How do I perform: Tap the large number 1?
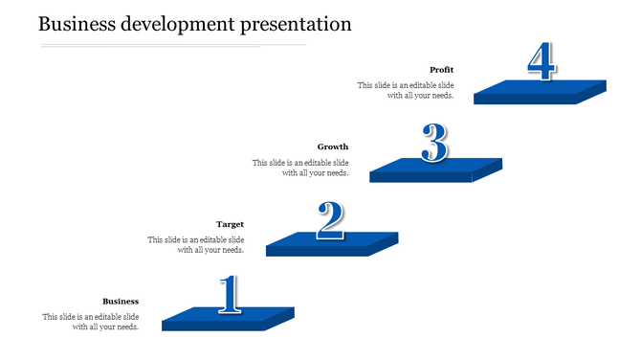pos(229,295)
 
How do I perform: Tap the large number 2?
pos(330,220)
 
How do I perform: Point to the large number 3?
pos(434,145)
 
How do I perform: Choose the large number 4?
pos(541,62)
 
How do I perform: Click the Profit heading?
pos(441,70)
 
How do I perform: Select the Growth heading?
pos(333,147)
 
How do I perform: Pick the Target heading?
pos(230,225)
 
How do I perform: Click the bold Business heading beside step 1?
pos(121,302)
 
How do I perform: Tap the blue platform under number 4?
pos(540,91)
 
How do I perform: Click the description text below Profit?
pos(406,90)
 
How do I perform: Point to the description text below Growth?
pos(300,168)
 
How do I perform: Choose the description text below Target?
pos(196,245)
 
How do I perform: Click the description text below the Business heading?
pos(91,322)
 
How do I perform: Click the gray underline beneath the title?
pos(172,45)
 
